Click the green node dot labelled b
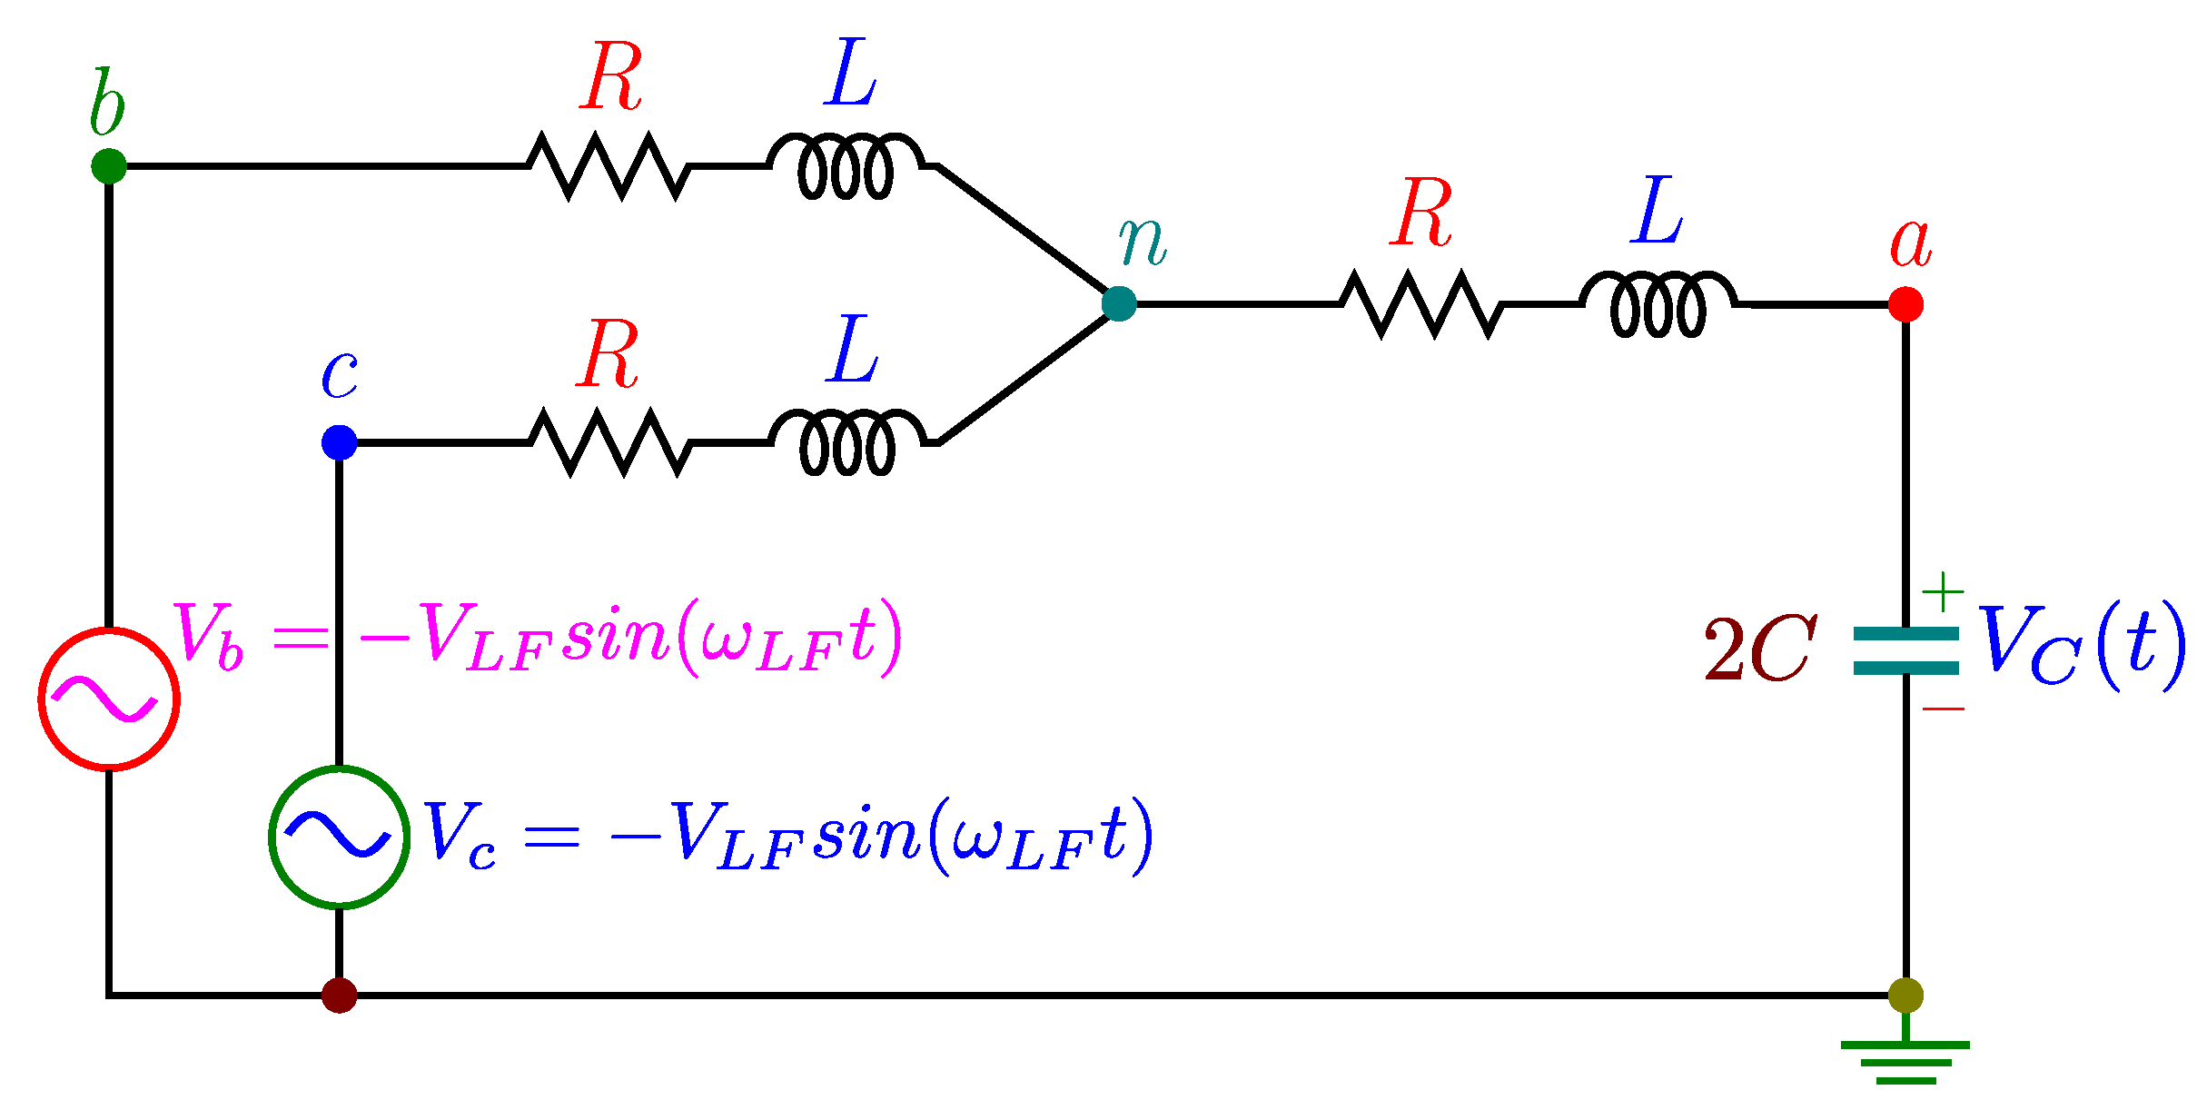click(109, 166)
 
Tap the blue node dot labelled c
click(339, 442)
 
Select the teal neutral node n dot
click(1119, 303)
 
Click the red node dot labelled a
click(1905, 304)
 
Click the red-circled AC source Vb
click(109, 699)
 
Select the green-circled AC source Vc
click(339, 837)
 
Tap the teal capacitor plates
click(1905, 651)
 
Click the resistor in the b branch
click(609, 166)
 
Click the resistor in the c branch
click(610, 442)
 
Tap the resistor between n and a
click(1421, 304)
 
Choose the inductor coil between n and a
click(1658, 304)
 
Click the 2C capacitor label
click(1760, 650)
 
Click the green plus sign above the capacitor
click(1943, 592)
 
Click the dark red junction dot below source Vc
click(339, 996)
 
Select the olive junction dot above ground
click(1905, 996)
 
